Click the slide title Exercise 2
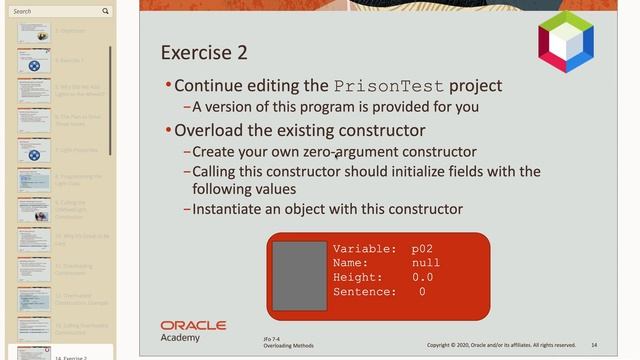coord(204,53)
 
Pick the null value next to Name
coord(425,263)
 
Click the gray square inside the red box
coord(300,274)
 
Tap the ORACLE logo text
coord(193,326)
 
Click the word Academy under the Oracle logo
coord(180,338)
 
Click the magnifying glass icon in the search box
coord(106,11)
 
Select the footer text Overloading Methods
coord(288,346)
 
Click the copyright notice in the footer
coord(501,345)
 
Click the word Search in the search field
coord(23,11)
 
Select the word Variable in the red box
coord(364,248)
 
